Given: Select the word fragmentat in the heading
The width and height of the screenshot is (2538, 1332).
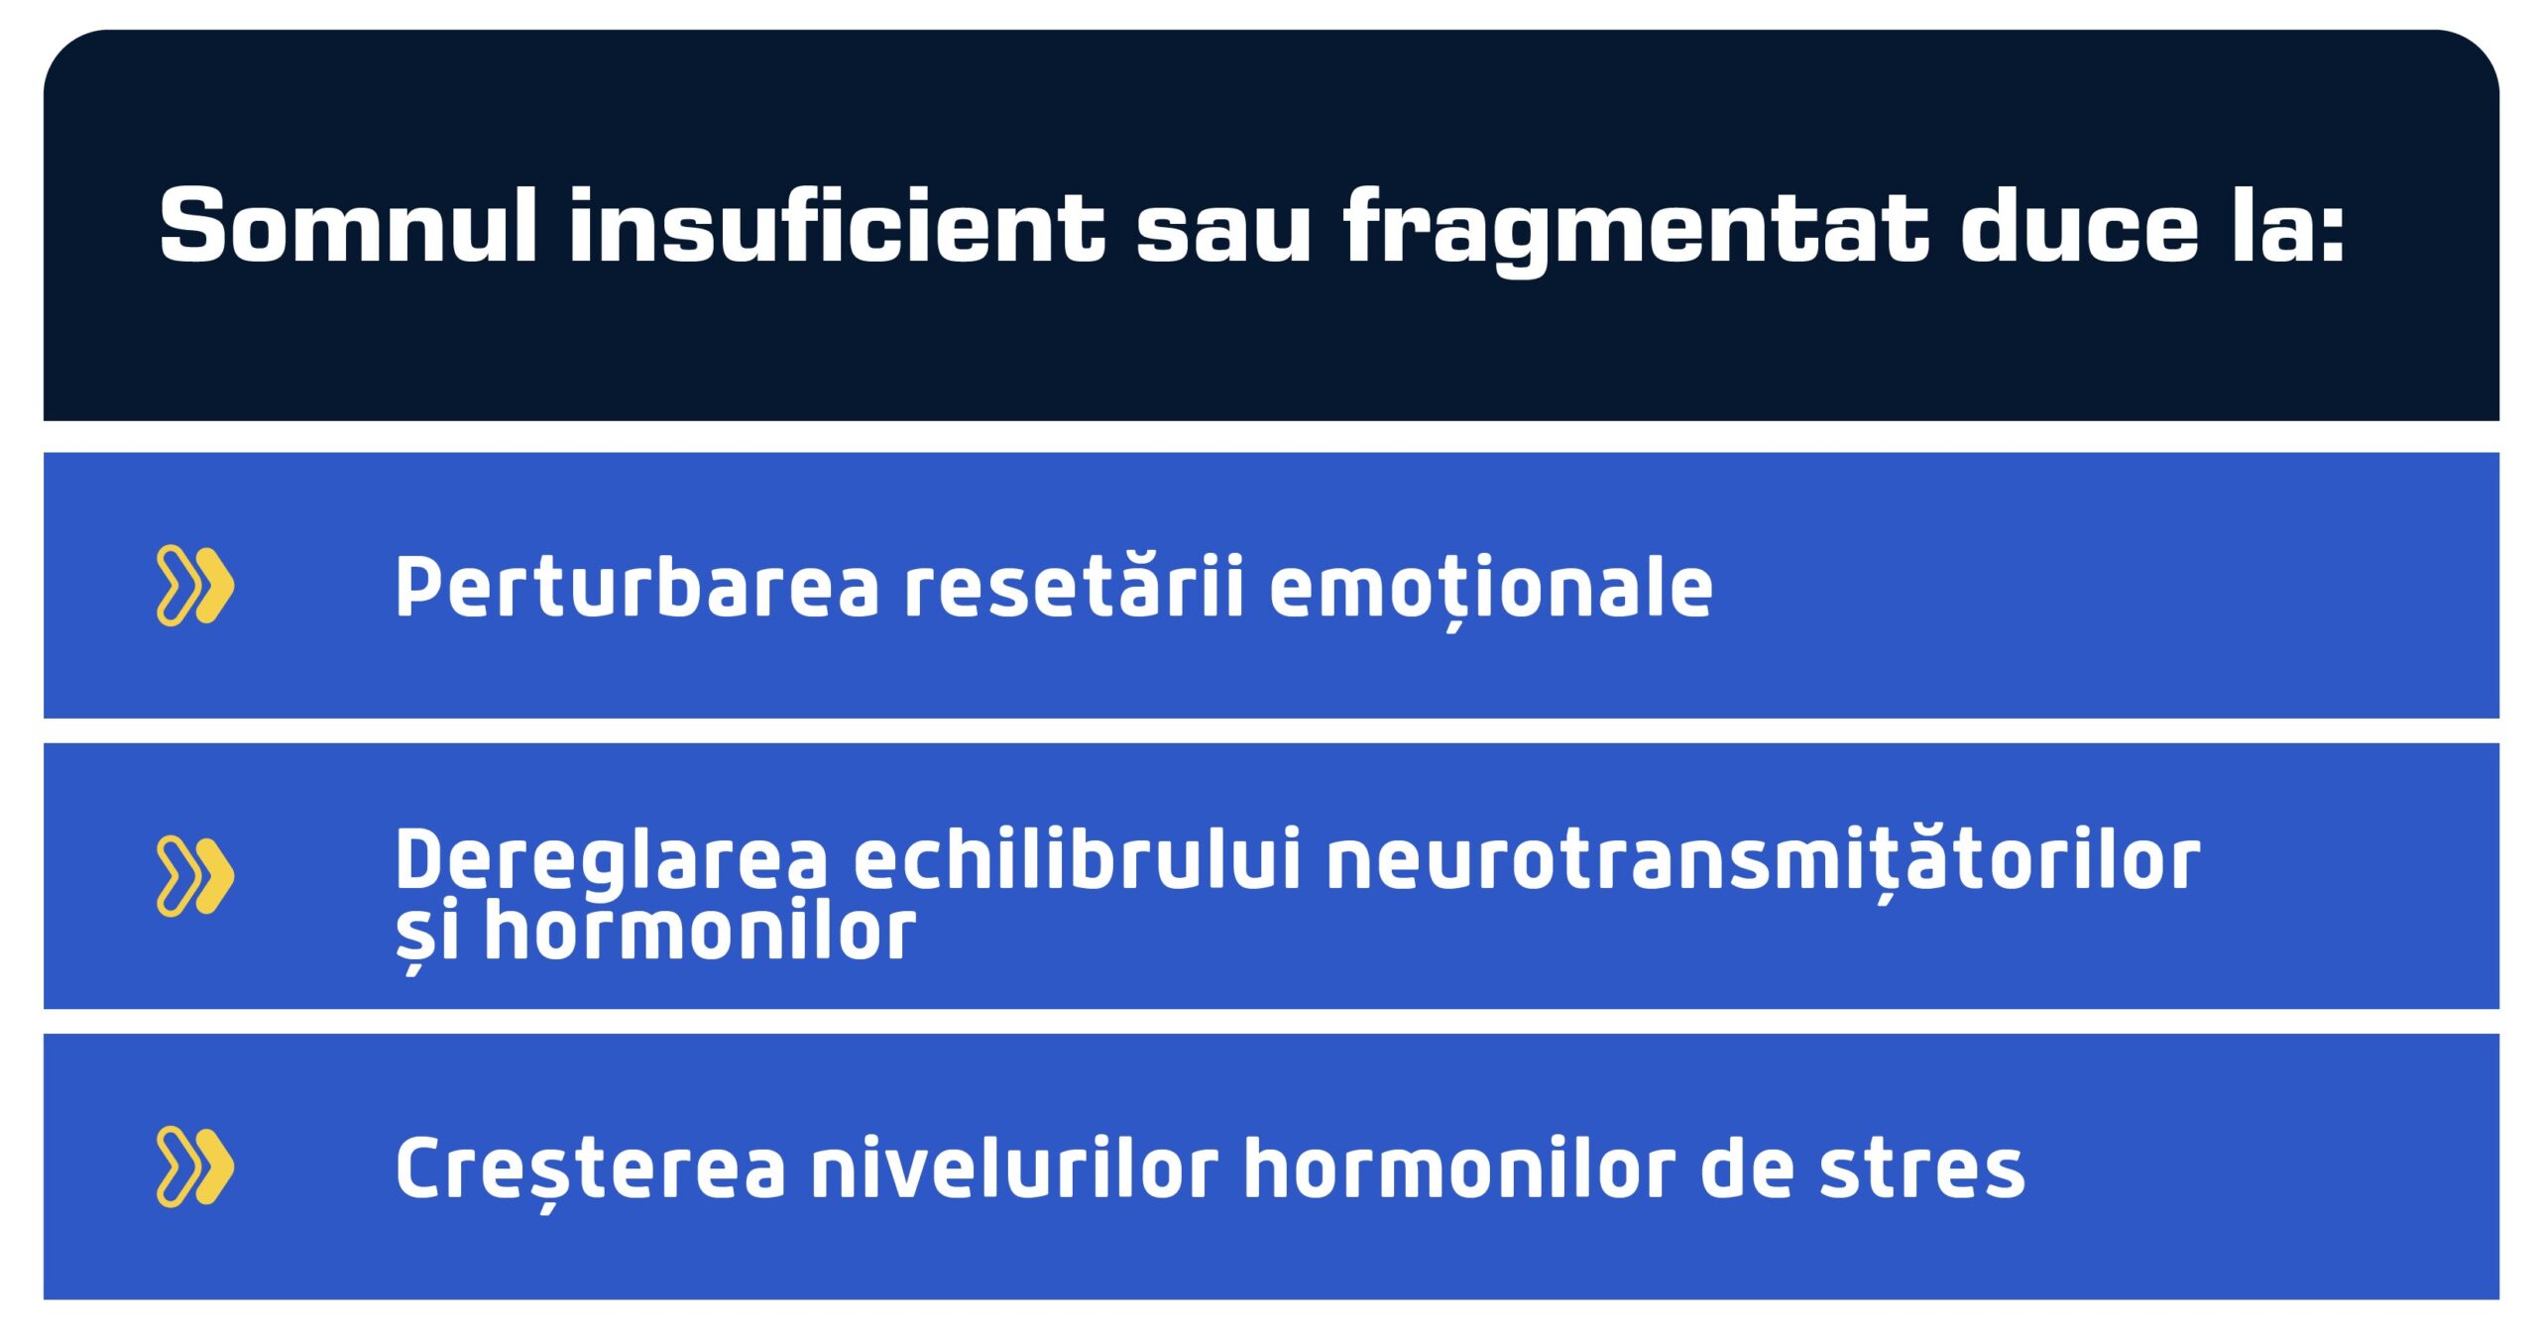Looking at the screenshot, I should tap(1636, 228).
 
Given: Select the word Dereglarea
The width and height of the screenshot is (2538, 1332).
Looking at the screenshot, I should tap(611, 860).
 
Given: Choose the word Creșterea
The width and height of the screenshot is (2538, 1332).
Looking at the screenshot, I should tap(590, 1169).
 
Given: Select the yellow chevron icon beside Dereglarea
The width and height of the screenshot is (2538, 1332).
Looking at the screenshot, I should tap(195, 876).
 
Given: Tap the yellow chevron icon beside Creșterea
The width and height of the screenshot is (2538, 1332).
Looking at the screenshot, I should tap(195, 1166).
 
